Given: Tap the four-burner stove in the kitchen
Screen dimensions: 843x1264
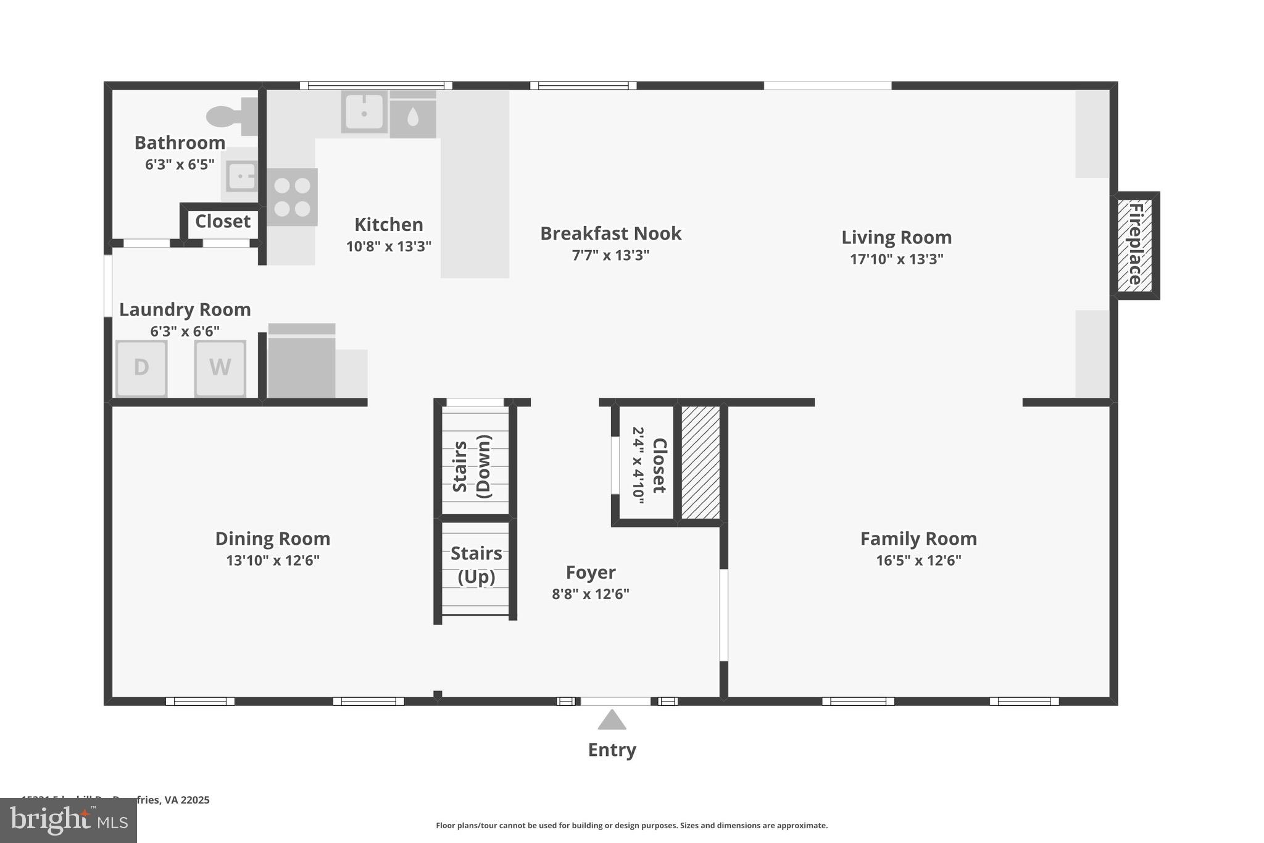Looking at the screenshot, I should pyautogui.click(x=292, y=197).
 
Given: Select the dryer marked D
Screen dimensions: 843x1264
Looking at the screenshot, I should pyautogui.click(x=141, y=367).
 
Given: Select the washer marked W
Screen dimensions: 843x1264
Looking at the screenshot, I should pyautogui.click(x=220, y=367).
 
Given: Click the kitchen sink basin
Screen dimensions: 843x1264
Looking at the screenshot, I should pyautogui.click(x=364, y=112).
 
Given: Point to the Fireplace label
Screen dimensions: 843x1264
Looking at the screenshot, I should pyautogui.click(x=1136, y=245).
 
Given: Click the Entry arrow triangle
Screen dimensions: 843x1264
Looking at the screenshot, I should pyautogui.click(x=612, y=720).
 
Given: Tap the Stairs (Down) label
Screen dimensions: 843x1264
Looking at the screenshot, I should pyautogui.click(x=472, y=466).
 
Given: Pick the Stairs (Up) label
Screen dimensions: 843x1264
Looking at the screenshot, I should pyautogui.click(x=476, y=564).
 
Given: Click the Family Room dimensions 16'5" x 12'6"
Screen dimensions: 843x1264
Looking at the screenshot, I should pyautogui.click(x=918, y=560).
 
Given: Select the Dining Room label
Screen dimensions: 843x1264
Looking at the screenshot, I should pyautogui.click(x=272, y=539).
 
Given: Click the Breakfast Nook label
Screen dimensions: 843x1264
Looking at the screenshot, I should pyautogui.click(x=610, y=233).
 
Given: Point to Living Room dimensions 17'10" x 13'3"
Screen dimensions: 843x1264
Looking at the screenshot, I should pyautogui.click(x=896, y=259).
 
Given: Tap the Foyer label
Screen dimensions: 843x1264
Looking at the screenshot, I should pyautogui.click(x=591, y=572).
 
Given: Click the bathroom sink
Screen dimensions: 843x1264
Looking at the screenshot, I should pyautogui.click(x=241, y=177).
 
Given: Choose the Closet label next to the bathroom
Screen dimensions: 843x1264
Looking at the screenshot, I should pyautogui.click(x=222, y=221).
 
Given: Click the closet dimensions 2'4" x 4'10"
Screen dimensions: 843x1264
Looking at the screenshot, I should pyautogui.click(x=638, y=465).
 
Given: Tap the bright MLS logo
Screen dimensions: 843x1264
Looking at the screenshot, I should pyautogui.click(x=68, y=820).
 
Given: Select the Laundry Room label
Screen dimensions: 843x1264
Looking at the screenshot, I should pyautogui.click(x=185, y=309).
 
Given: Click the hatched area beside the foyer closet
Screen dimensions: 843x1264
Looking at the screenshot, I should pyautogui.click(x=701, y=462).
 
